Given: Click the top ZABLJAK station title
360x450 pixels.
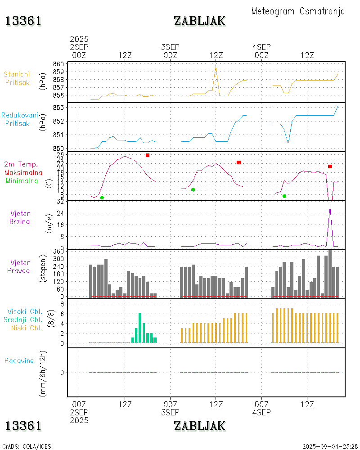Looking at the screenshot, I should [199, 21].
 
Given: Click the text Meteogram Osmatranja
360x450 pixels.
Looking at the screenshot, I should [298, 11].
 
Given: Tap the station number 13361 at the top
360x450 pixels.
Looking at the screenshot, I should [24, 21].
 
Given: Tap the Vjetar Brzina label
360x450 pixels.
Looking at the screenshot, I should [20, 217].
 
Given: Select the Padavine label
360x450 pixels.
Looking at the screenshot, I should [19, 360].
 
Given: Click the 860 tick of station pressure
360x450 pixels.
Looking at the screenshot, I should [58, 64].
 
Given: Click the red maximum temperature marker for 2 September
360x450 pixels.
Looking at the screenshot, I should [148, 155].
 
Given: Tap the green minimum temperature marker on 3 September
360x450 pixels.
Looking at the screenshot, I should [193, 189].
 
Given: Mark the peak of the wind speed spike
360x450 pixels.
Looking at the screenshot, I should [330, 205].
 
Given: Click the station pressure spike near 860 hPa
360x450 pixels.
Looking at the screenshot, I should [216, 67].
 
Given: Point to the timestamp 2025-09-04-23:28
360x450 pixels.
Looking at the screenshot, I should [330, 446].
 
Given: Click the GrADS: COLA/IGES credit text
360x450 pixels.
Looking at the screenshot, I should [27, 446].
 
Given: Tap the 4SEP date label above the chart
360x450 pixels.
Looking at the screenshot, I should [261, 47].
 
